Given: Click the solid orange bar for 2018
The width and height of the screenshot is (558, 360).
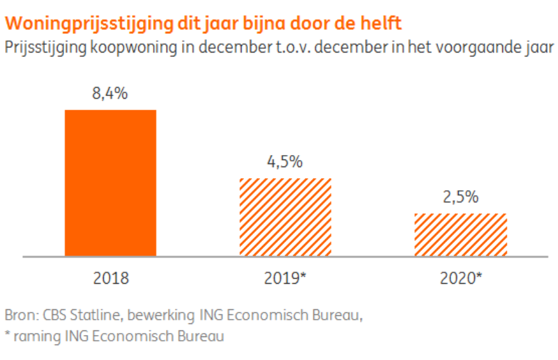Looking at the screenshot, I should pos(110,183).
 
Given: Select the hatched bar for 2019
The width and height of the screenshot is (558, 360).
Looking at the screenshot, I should pos(285,217).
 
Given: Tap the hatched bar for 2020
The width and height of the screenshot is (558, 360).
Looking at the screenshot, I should pos(460,234).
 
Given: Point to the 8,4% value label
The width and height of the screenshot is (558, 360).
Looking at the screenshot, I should pos(110,94).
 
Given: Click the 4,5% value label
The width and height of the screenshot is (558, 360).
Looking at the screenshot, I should pos(285,162).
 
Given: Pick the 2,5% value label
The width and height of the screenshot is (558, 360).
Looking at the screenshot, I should pos(460,197).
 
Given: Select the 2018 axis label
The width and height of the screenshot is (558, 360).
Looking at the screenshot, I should pos(110,279).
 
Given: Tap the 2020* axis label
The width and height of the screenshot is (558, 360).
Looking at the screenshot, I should pos(461,279).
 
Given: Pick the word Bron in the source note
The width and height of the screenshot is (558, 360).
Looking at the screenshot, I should pos(19,316).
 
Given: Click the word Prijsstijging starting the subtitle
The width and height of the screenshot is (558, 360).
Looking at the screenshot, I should pos(44,48).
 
